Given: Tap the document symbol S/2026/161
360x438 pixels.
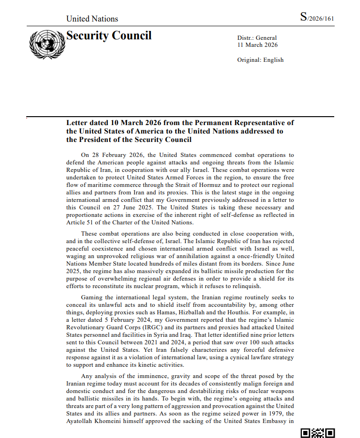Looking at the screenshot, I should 317,18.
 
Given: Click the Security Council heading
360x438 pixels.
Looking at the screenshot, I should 109,36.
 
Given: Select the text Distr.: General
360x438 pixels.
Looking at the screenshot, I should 257,38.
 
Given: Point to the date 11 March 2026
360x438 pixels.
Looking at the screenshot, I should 258,45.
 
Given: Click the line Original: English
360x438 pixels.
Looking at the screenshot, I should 261,60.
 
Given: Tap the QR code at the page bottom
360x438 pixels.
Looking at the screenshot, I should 317,433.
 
